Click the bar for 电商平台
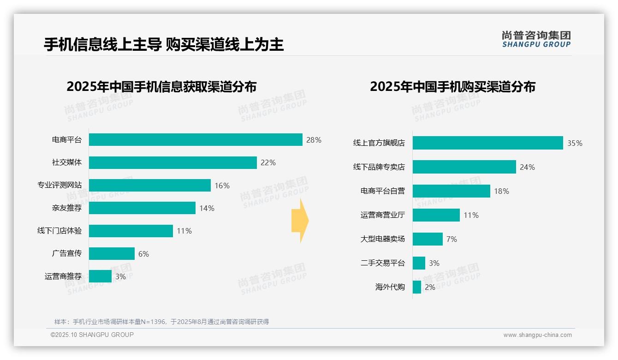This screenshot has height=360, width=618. [x=196, y=140]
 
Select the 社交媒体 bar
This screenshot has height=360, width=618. [x=172, y=162]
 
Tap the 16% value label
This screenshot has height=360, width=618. [x=222, y=186]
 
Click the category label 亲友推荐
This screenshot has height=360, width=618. [x=66, y=208]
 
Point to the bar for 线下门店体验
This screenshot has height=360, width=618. [x=131, y=231]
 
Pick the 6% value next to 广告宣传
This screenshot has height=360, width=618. [x=143, y=254]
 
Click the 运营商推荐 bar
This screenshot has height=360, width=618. [x=100, y=276]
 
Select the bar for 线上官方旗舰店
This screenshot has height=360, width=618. [x=487, y=143]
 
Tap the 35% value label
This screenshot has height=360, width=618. [x=575, y=143]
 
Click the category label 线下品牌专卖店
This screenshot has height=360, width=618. [x=379, y=167]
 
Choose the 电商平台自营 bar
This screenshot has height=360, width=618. [x=451, y=191]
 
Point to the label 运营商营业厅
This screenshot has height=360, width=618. [x=382, y=215]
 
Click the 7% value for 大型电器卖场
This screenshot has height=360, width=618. [x=452, y=239]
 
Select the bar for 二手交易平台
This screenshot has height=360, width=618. [x=419, y=263]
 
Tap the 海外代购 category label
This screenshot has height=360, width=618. [x=390, y=287]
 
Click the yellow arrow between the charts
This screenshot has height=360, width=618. [x=300, y=221]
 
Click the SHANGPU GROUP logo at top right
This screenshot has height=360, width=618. [x=536, y=39]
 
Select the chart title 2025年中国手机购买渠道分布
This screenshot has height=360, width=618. [x=452, y=87]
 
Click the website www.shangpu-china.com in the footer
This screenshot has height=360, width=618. [x=537, y=335]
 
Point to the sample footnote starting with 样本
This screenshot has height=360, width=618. [x=161, y=322]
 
